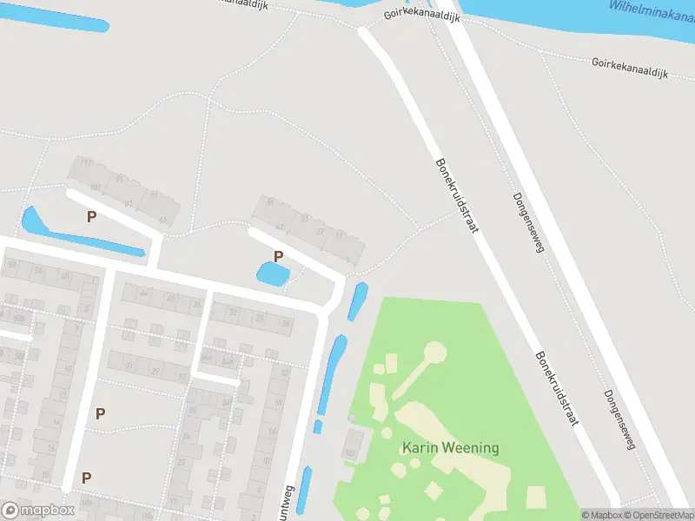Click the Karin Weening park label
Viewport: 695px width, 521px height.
click(450, 448)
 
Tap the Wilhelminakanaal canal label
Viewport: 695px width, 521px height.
click(652, 10)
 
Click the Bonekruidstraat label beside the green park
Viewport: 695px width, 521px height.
click(557, 388)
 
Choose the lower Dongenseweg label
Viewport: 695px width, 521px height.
click(619, 419)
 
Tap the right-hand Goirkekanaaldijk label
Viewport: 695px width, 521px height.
click(629, 69)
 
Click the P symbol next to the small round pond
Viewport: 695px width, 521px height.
click(279, 256)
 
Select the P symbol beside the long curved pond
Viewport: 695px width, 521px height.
click(91, 217)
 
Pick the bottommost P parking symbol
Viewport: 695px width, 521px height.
click(86, 478)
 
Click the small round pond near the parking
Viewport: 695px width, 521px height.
click(273, 275)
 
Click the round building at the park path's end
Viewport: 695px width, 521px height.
click(435, 352)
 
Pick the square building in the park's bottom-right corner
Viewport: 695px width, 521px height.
click(536, 497)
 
